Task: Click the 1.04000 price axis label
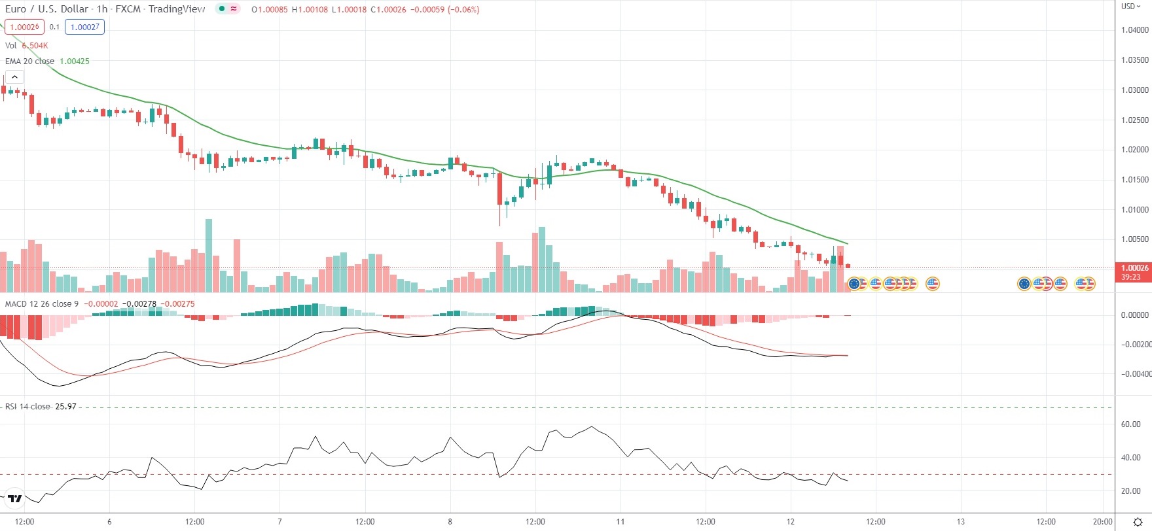tap(1134, 30)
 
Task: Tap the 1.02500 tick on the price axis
tap(1134, 120)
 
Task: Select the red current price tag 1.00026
tap(1134, 268)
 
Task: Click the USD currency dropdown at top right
tap(1130, 7)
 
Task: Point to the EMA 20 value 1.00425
tap(75, 61)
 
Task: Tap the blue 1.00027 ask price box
tap(84, 27)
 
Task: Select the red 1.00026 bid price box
tap(24, 27)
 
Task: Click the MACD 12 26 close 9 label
tap(42, 304)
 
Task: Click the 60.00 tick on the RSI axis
tap(1130, 424)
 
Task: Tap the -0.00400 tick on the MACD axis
tap(1135, 374)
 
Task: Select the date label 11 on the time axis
tap(621, 522)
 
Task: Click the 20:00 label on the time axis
tap(1102, 522)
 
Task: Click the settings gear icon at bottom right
tap(1138, 522)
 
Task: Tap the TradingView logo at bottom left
tap(14, 499)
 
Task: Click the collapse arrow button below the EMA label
tap(14, 77)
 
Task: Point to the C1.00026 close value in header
tap(388, 10)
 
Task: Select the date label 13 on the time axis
tap(961, 522)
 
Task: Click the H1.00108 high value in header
tap(310, 10)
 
